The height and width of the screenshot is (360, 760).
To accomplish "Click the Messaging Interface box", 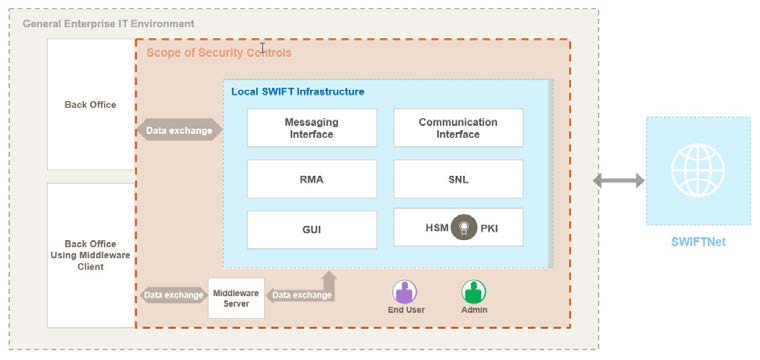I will [311, 128].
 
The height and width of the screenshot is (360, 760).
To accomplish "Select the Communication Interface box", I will [457, 128].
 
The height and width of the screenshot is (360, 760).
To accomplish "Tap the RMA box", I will [311, 180].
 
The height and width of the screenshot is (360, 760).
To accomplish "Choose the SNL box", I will [457, 180].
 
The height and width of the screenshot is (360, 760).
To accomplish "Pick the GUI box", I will [311, 229].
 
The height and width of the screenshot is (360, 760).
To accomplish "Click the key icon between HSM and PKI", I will [462, 228].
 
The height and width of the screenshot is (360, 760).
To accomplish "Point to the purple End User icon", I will [404, 292].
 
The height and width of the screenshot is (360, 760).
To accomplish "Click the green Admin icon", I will [473, 292].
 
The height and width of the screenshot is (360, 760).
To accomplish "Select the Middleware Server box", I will [236, 297].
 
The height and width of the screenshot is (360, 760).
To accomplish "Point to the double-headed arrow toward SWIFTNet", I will [618, 181].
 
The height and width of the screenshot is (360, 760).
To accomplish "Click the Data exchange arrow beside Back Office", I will [179, 130].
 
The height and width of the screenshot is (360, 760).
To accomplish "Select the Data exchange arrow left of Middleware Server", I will [173, 295].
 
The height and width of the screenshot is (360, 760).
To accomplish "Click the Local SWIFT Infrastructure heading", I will [297, 91].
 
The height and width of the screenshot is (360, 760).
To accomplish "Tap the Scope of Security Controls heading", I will [219, 52].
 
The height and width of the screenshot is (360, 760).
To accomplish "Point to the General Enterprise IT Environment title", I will [108, 23].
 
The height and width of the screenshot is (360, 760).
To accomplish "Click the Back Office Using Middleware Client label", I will [90, 255].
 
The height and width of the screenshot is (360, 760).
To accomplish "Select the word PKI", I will [490, 229].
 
